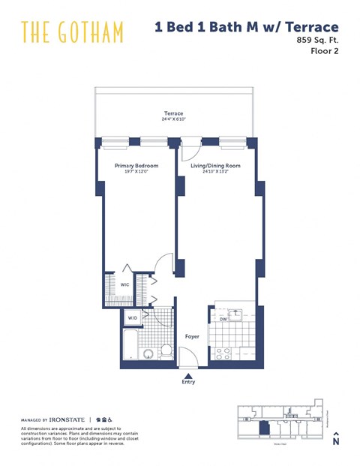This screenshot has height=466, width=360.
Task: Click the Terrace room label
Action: click(174, 114)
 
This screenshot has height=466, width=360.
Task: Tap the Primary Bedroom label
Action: click(136, 165)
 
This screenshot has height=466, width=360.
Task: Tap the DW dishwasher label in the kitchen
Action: click(223, 318)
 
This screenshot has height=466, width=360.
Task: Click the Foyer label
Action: click(192, 337)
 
